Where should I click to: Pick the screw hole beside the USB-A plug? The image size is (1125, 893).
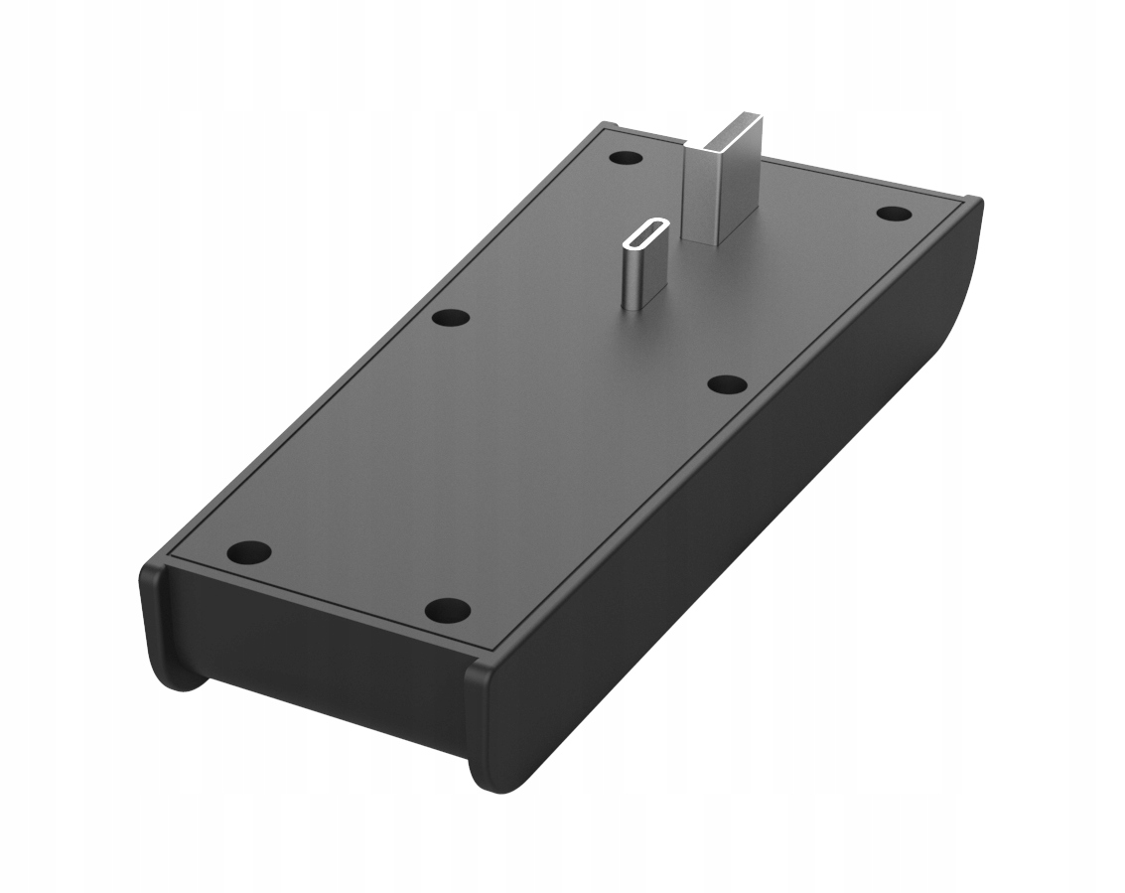626,157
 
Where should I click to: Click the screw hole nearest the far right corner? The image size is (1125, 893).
894,213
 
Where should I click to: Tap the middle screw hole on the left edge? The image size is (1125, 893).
451,318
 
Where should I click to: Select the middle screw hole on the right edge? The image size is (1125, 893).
727,383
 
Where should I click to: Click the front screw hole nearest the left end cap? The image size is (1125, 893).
249,551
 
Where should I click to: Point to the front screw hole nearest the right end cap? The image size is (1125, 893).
447,609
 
